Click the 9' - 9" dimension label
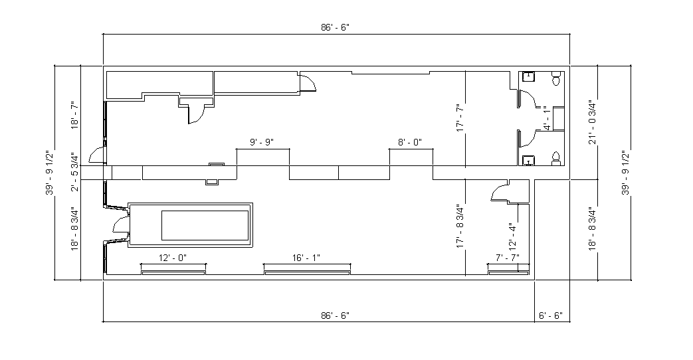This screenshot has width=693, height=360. [x=262, y=142]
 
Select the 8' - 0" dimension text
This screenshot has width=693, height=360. [x=410, y=142]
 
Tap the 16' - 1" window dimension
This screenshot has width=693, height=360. [x=306, y=258]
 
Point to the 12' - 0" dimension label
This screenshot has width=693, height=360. [x=173, y=258]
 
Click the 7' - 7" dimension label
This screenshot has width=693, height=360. [x=508, y=258]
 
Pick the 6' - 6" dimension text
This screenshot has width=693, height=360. [x=550, y=315]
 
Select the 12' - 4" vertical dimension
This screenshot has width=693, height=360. [x=513, y=234]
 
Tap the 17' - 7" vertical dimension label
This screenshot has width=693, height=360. [x=460, y=118]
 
